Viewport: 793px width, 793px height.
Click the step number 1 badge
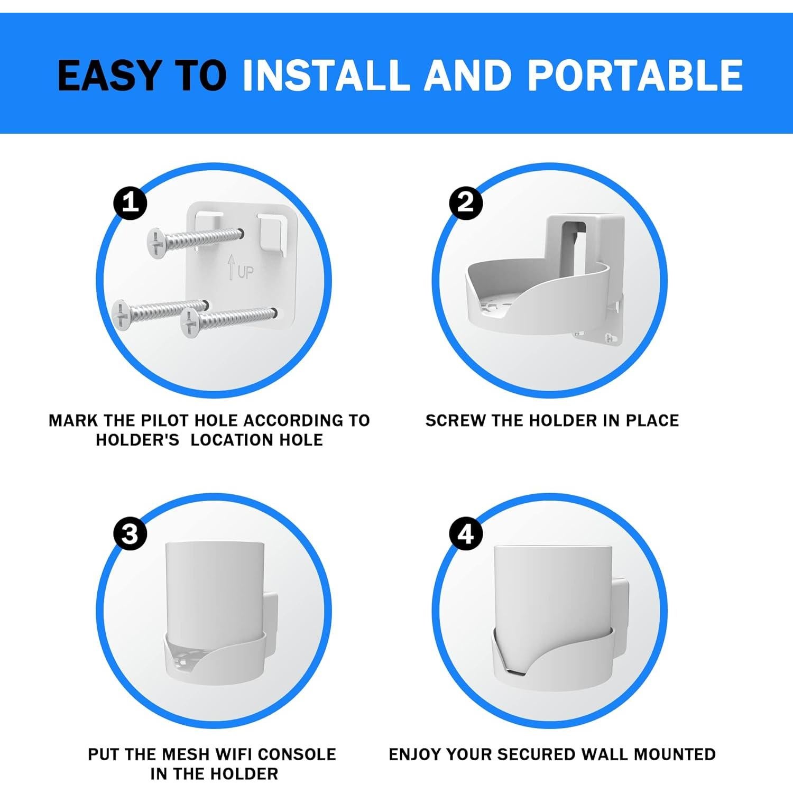131,202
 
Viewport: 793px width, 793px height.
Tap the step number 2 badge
466,202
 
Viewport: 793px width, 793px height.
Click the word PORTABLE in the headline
635,75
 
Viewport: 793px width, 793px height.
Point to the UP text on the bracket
245,272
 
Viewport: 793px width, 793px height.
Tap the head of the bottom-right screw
191,324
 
